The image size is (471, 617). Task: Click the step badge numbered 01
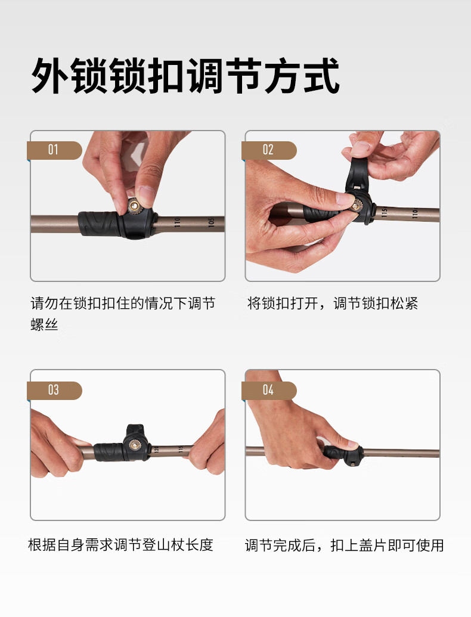point(54,150)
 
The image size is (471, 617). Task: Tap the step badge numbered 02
point(269,150)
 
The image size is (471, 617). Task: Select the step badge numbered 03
point(54,390)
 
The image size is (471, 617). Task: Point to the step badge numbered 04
point(269,390)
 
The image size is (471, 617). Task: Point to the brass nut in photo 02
point(357,205)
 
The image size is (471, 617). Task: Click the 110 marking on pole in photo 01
point(177,223)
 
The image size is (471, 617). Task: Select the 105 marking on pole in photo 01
point(211,222)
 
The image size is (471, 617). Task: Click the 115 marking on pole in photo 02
point(385,212)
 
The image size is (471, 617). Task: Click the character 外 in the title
point(50,76)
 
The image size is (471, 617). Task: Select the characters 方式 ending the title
point(302,76)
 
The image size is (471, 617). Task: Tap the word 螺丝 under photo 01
point(45,325)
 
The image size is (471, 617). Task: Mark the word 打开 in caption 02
point(304,303)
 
